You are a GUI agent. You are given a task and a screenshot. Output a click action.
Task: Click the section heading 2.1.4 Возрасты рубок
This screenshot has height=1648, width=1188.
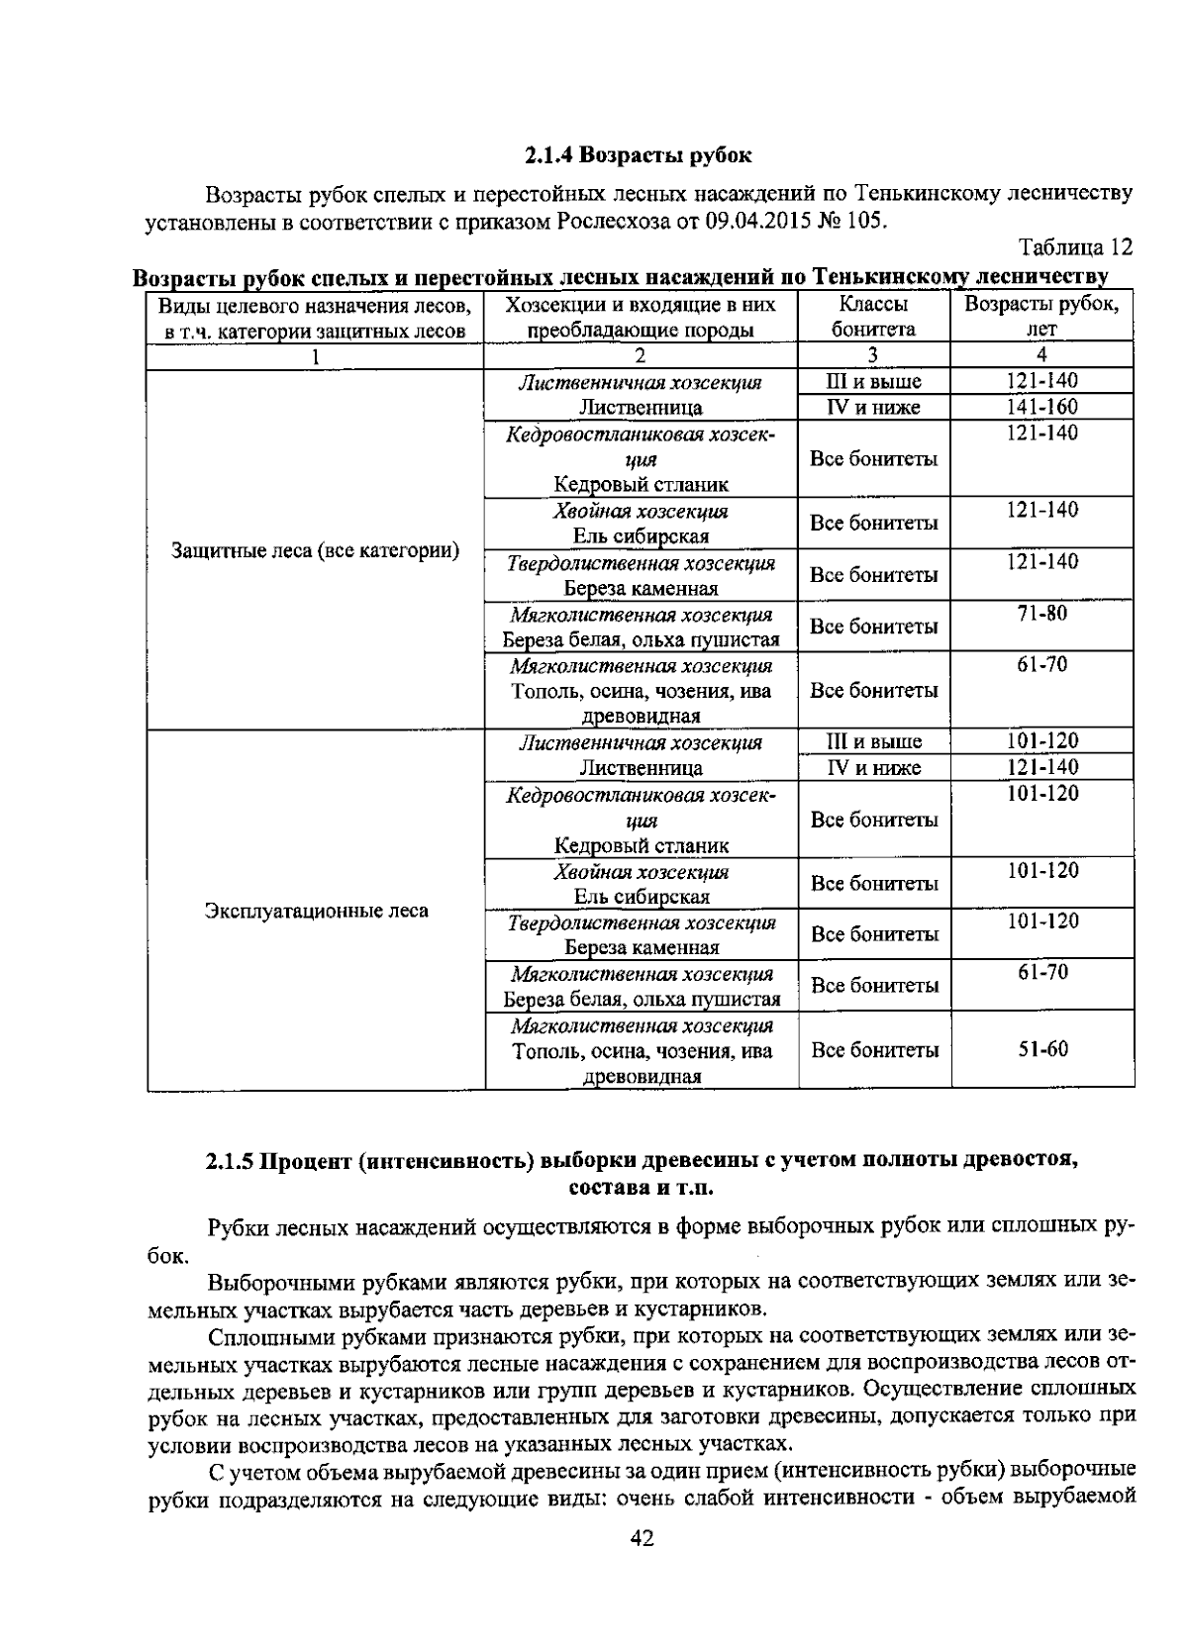[x=638, y=155]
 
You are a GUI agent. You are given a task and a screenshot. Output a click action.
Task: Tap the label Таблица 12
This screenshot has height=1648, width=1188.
[x=1075, y=246]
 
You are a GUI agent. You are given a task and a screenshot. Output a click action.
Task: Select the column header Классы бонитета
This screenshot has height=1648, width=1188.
[x=873, y=317]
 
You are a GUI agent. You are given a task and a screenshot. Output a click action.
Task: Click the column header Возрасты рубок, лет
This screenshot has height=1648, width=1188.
[x=1041, y=317]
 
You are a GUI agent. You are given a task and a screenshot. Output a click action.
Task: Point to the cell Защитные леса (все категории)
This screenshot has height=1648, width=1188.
[x=315, y=550]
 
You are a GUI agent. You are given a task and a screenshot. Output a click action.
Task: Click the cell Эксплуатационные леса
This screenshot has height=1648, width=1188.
[x=316, y=911]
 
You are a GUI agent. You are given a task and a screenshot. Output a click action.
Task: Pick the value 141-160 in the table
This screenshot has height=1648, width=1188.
[x=1041, y=407]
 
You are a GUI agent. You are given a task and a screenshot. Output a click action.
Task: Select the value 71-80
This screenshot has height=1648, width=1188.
[x=1041, y=614]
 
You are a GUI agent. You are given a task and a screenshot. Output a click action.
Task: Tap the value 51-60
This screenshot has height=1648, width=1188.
[x=1042, y=1049]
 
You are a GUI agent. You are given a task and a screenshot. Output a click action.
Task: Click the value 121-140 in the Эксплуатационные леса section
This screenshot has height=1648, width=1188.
[x=1042, y=767]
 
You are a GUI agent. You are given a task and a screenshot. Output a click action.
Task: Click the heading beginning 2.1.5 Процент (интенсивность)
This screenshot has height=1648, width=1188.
[x=641, y=1161]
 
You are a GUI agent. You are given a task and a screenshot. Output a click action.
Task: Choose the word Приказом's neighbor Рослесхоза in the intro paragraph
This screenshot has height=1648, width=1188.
[x=612, y=220]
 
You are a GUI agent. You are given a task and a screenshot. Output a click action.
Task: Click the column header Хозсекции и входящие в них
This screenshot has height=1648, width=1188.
[x=641, y=304]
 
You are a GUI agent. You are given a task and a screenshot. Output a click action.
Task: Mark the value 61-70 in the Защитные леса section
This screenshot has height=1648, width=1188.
[x=1041, y=665]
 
